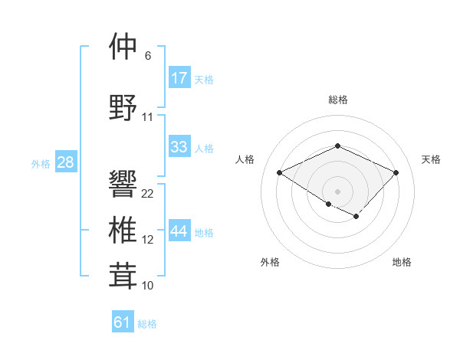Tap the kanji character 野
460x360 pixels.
(123, 107)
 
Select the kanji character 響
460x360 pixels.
(123, 184)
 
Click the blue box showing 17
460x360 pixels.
(179, 78)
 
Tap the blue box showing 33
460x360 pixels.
(179, 148)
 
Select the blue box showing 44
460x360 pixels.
(179, 232)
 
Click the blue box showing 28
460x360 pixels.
(65, 162)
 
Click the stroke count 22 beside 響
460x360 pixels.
(148, 194)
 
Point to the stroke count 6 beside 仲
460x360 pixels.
(147, 56)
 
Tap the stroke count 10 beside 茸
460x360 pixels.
(148, 286)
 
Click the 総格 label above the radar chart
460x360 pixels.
(337, 100)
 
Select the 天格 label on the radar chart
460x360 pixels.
(431, 159)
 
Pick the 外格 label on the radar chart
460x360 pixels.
(270, 262)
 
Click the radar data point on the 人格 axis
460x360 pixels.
(280, 172)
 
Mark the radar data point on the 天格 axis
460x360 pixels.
(396, 172)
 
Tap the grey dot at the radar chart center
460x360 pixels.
(337, 191)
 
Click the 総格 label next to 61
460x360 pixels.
(147, 324)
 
